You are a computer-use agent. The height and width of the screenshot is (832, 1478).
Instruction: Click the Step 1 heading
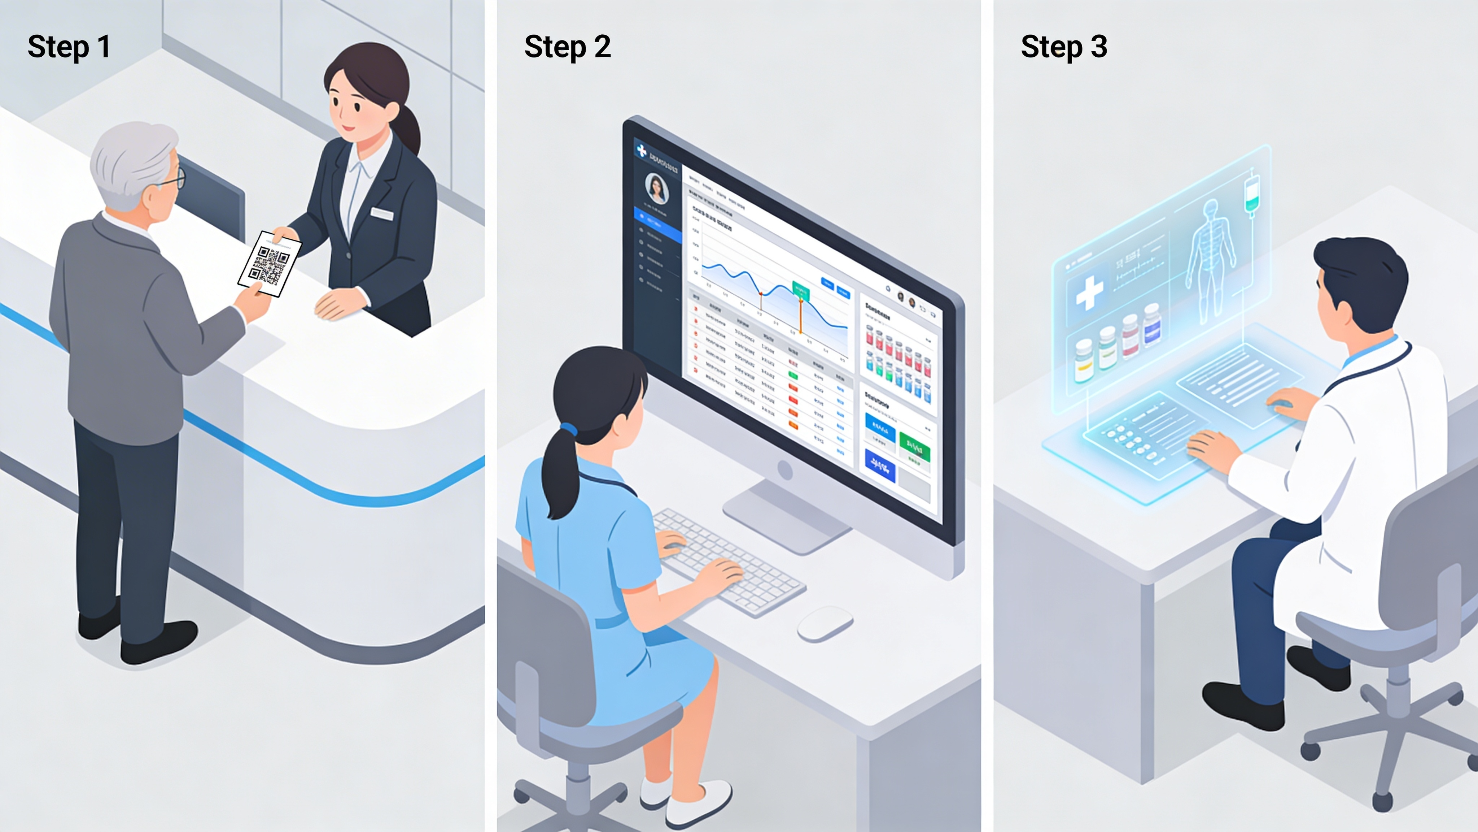69,47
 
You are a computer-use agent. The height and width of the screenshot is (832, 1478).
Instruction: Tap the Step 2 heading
568,47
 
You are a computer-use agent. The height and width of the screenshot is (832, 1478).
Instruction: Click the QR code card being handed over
270,264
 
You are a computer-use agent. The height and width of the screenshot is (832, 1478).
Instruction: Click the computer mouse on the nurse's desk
825,624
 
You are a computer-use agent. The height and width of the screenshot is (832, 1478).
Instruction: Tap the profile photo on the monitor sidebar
656,188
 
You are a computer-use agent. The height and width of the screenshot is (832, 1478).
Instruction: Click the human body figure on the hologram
1210,259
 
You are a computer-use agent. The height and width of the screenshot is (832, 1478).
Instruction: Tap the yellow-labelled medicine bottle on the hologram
1083,361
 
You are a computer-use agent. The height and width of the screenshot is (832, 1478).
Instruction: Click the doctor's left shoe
1242,706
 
